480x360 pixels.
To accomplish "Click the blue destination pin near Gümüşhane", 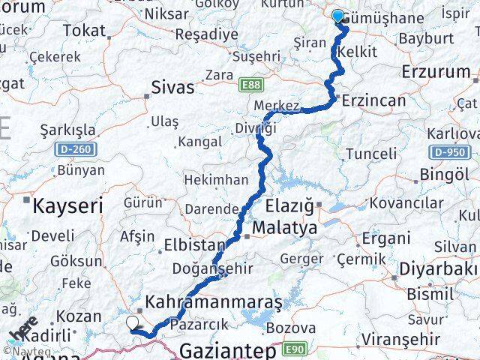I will (337, 16).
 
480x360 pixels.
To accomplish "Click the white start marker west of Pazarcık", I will (133, 323).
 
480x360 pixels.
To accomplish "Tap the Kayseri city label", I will (66, 204).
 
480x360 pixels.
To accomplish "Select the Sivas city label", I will (172, 86).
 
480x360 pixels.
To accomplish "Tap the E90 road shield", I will (294, 349).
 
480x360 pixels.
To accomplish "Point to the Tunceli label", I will (368, 154).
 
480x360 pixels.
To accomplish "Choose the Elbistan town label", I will (194, 245).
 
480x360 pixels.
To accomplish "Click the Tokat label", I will (84, 30).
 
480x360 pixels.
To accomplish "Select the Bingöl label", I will (440, 174).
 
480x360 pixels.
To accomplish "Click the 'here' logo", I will (25, 329).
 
